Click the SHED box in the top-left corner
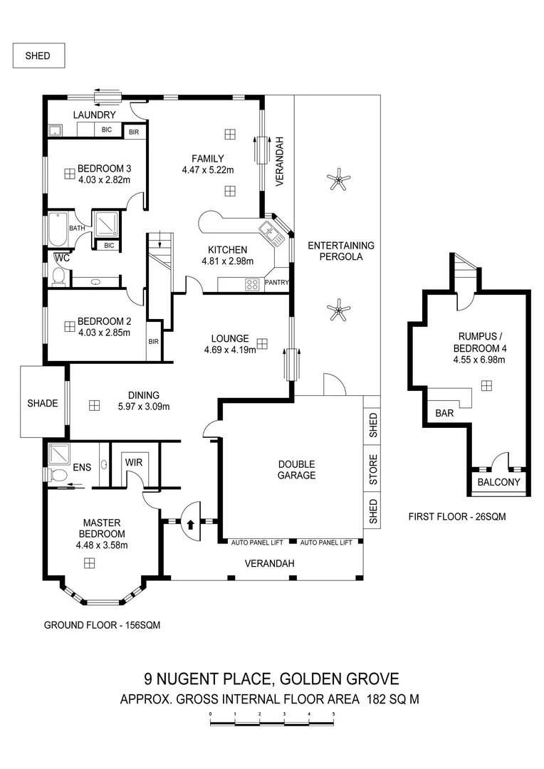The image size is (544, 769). (38, 55)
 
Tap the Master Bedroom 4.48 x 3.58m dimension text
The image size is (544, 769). (100, 545)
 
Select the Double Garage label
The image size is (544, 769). (296, 470)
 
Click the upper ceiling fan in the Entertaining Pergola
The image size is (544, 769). (338, 182)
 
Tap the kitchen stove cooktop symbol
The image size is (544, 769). (252, 284)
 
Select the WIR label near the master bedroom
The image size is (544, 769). (134, 462)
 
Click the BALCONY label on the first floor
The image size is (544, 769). (498, 482)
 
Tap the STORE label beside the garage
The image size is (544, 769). (372, 471)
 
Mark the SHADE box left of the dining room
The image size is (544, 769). (41, 403)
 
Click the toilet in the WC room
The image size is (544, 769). (59, 276)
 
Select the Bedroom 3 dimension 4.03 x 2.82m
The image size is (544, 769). (104, 180)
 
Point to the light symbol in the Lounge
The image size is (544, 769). (263, 344)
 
